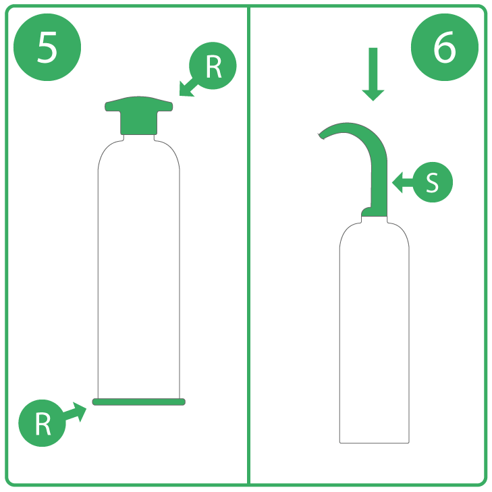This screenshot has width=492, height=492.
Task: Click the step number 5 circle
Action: click(x=47, y=47)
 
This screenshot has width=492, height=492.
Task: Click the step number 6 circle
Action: click(x=445, y=47)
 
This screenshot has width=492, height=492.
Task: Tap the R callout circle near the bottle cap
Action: click(x=213, y=65)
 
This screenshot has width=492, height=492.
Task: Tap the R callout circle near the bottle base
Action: click(x=42, y=423)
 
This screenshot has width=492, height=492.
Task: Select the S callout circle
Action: click(x=433, y=182)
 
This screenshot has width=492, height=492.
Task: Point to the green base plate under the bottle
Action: click(x=138, y=402)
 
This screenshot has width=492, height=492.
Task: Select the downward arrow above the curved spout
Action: click(x=373, y=74)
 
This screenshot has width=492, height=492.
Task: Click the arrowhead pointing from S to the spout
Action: click(x=398, y=182)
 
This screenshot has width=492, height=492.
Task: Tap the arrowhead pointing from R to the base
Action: click(x=80, y=411)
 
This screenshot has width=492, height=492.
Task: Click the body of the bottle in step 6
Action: click(x=375, y=329)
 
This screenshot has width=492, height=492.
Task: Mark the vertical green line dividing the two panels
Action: click(x=248, y=246)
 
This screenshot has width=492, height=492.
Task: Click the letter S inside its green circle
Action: click(x=432, y=182)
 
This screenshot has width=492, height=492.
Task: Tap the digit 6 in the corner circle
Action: click(x=445, y=47)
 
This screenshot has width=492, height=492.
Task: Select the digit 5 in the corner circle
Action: click(x=47, y=47)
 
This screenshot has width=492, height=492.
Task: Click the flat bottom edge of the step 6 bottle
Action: click(x=375, y=443)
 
